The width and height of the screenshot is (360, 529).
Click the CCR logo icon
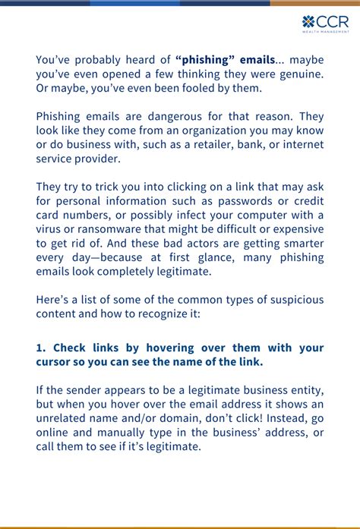point(308,22)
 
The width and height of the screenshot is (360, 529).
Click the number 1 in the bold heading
point(39,348)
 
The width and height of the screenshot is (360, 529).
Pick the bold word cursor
point(54,362)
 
